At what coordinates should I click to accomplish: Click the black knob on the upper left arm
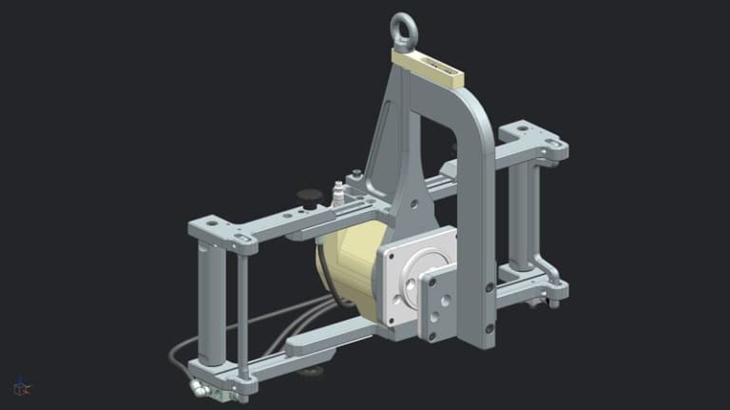point(308,196)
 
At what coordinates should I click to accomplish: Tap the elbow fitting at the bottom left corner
point(198,387)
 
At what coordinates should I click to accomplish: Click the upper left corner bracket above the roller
point(222,230)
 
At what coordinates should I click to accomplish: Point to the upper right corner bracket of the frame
point(533,140)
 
